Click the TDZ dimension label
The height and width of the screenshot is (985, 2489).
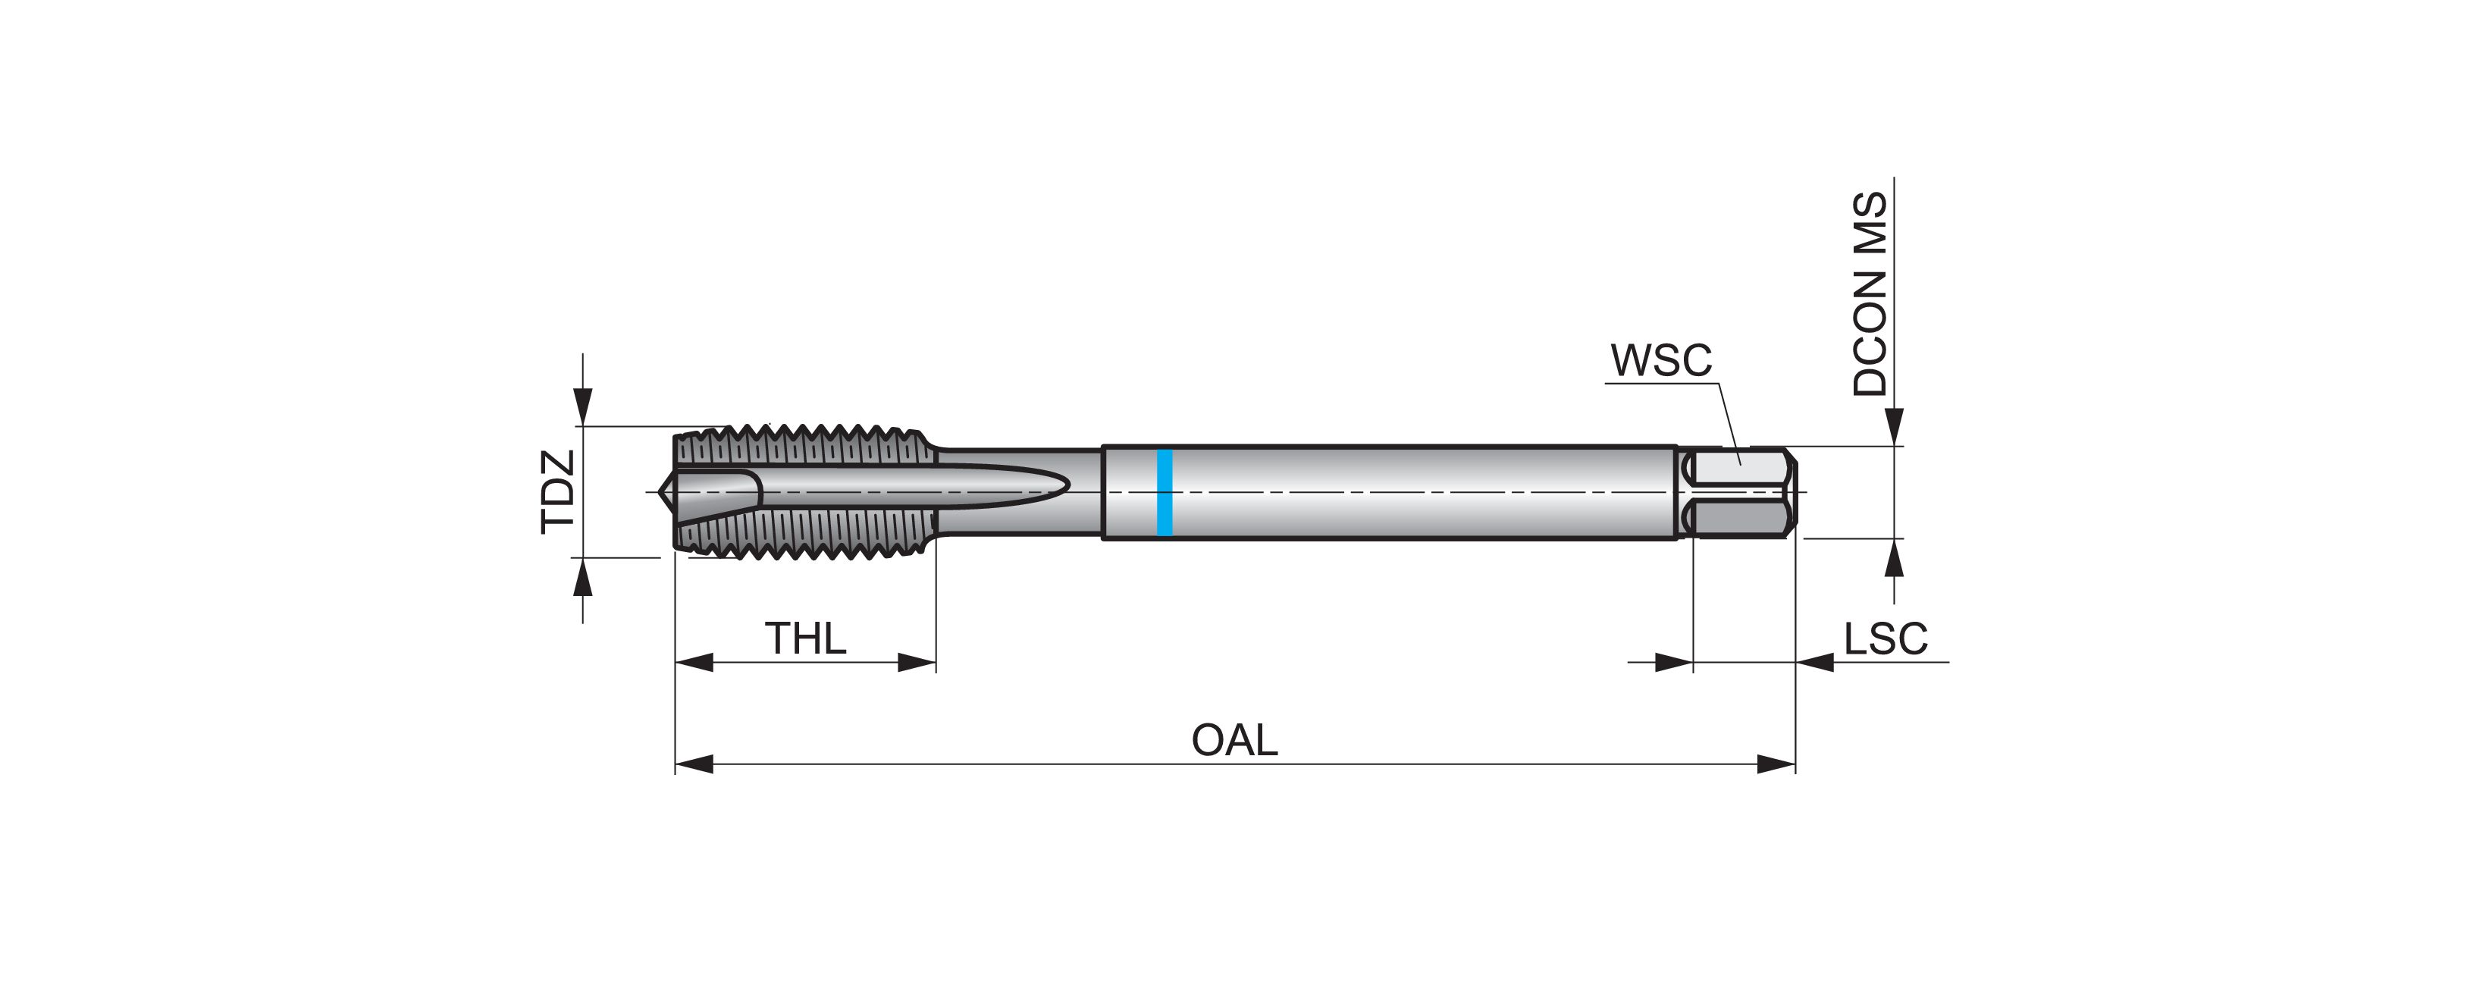tap(559, 491)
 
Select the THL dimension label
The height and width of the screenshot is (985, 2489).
tap(805, 639)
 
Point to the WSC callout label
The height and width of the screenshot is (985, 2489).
tap(1661, 360)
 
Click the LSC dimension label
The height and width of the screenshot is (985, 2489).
tap(1885, 639)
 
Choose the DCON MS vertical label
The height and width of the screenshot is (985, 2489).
tap(1870, 293)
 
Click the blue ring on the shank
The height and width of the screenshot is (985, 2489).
tap(1165, 492)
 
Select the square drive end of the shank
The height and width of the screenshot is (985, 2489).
tap(1739, 493)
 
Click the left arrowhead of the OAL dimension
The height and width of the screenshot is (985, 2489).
tap(694, 764)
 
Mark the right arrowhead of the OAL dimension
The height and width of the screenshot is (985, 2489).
tap(1776, 764)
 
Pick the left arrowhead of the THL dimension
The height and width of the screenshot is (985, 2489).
tap(694, 662)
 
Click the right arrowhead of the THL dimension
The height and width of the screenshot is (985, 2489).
tap(917, 662)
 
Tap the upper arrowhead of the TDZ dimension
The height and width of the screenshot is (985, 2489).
tap(581, 405)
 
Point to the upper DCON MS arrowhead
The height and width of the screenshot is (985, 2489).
tap(1894, 426)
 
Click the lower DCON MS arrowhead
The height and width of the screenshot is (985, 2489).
tap(1894, 559)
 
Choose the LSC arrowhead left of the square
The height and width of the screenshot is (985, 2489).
tap(1673, 662)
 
